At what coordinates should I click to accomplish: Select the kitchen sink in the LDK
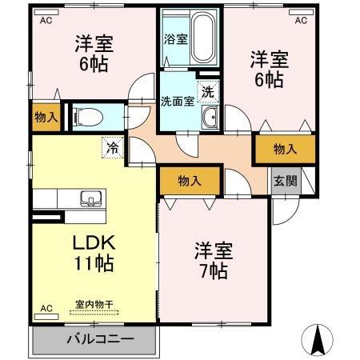[89, 199]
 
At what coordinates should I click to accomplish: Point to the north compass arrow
[317, 340]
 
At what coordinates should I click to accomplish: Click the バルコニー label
[95, 339]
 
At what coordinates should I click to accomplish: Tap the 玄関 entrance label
[284, 181]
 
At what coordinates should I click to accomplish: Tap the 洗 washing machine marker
[207, 92]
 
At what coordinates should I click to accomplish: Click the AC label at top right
[301, 20]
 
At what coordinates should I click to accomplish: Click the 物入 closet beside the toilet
[46, 117]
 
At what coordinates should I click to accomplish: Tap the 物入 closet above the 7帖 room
[189, 182]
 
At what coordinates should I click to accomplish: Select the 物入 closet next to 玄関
[284, 149]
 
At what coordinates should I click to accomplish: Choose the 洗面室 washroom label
[177, 101]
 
